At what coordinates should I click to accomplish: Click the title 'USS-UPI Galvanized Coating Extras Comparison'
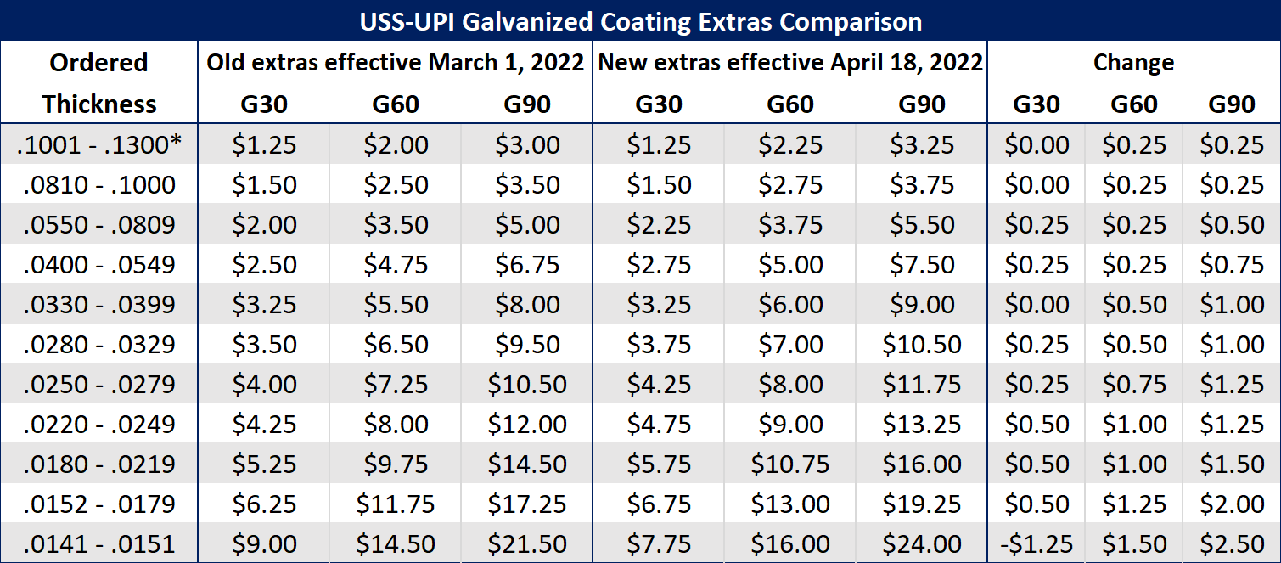click(x=640, y=20)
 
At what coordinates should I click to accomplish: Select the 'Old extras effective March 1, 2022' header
click(x=396, y=62)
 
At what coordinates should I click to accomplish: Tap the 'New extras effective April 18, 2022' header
click(x=790, y=62)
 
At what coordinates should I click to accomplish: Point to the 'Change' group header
click(x=1133, y=62)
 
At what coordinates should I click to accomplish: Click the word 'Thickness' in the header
click(x=99, y=104)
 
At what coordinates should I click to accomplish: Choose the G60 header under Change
click(x=1134, y=104)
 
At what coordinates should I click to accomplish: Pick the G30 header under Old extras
click(x=264, y=104)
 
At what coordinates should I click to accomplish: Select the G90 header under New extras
click(x=922, y=104)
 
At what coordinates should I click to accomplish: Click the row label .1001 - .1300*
click(x=99, y=144)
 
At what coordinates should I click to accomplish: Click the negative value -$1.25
click(x=1037, y=543)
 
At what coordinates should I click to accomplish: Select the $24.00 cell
click(x=922, y=543)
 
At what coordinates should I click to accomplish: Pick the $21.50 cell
click(x=527, y=543)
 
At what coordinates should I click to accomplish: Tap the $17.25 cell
click(x=527, y=504)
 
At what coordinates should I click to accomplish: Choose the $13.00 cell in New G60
click(x=790, y=504)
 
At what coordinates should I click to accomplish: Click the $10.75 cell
click(x=790, y=464)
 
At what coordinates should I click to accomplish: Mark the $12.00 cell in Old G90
click(x=527, y=424)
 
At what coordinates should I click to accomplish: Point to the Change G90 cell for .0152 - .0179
click(x=1232, y=504)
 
